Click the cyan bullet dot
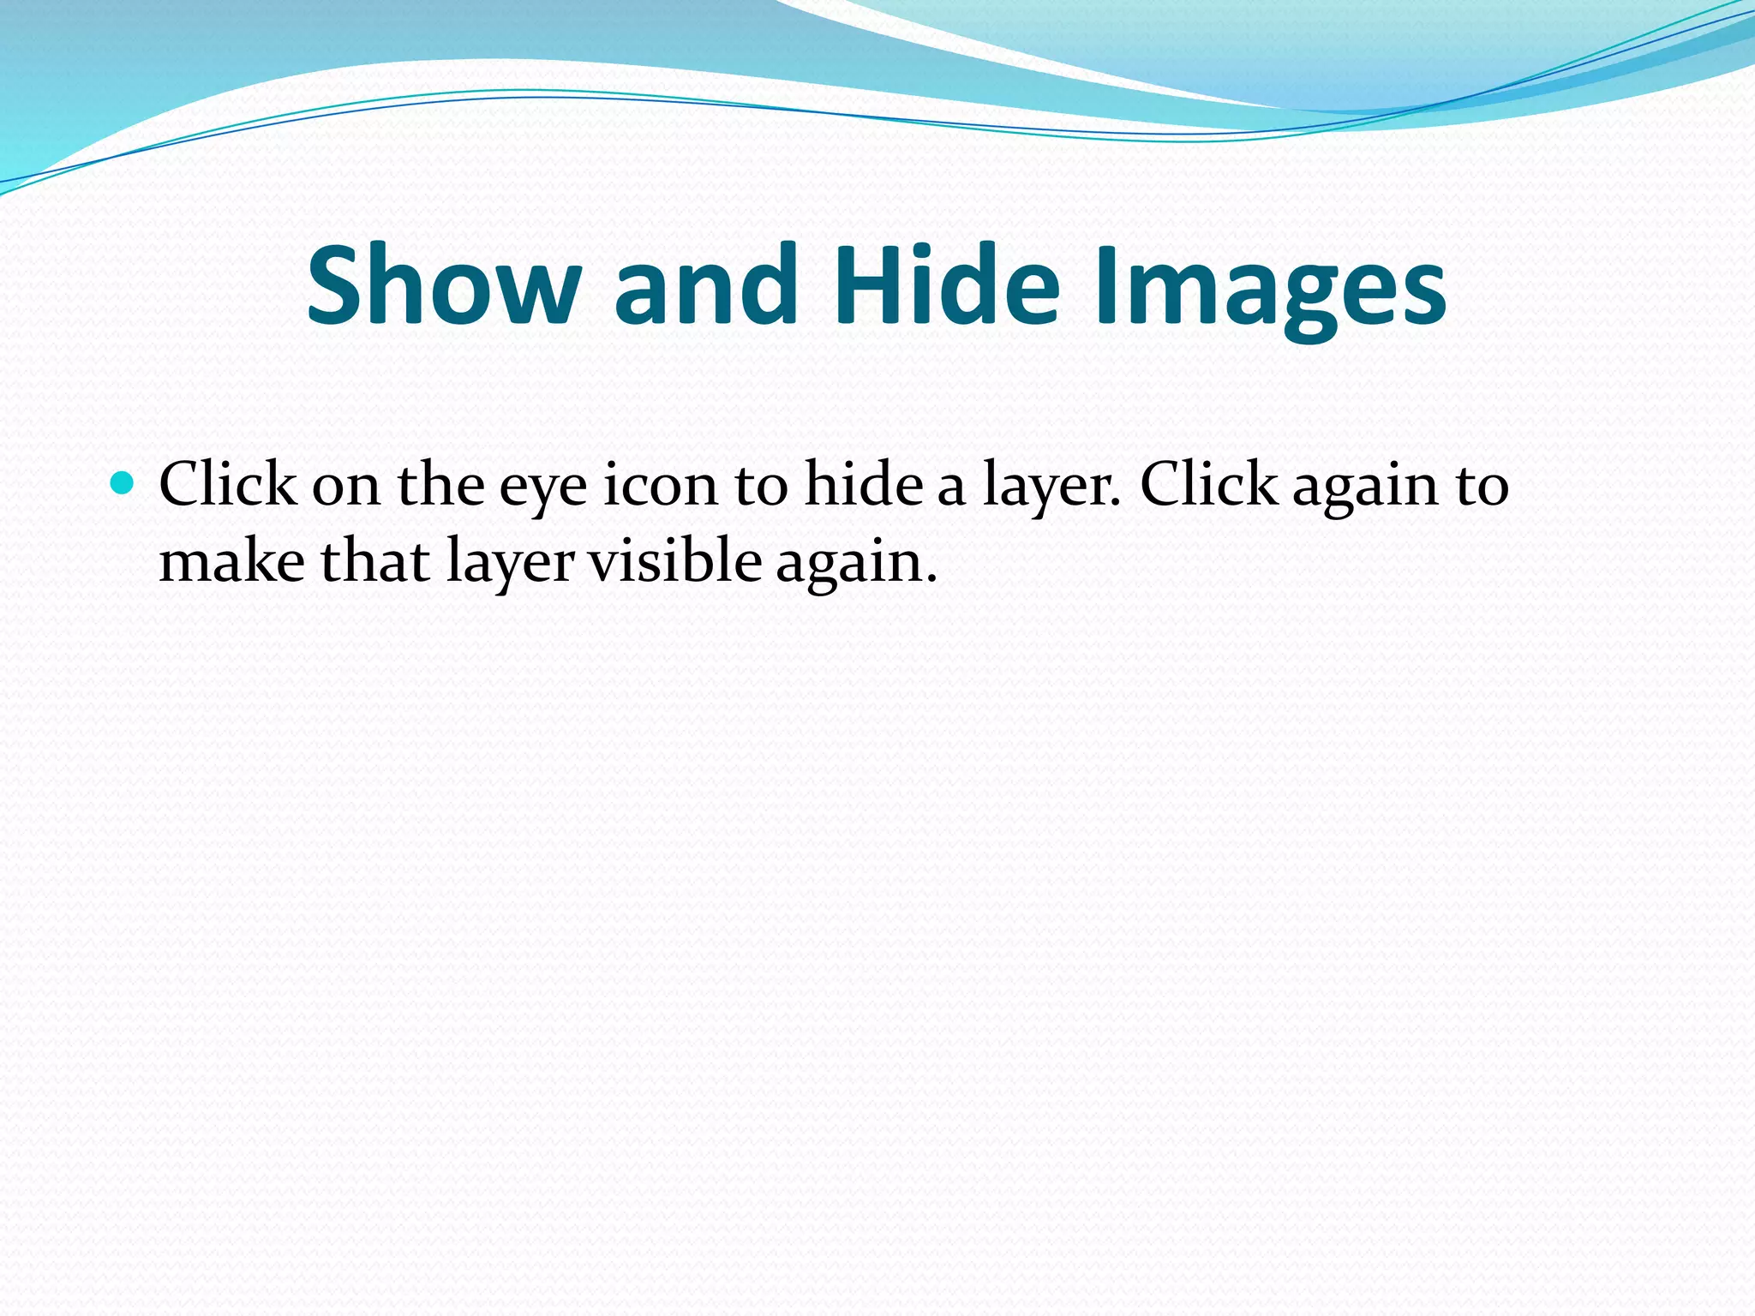[x=123, y=484]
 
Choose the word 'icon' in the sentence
[x=660, y=485]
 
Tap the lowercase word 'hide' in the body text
[x=863, y=485]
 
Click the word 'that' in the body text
[x=374, y=562]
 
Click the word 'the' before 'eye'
[x=440, y=485]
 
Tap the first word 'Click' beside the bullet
[x=227, y=485]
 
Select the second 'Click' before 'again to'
[x=1208, y=485]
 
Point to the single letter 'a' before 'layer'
[x=951, y=488]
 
